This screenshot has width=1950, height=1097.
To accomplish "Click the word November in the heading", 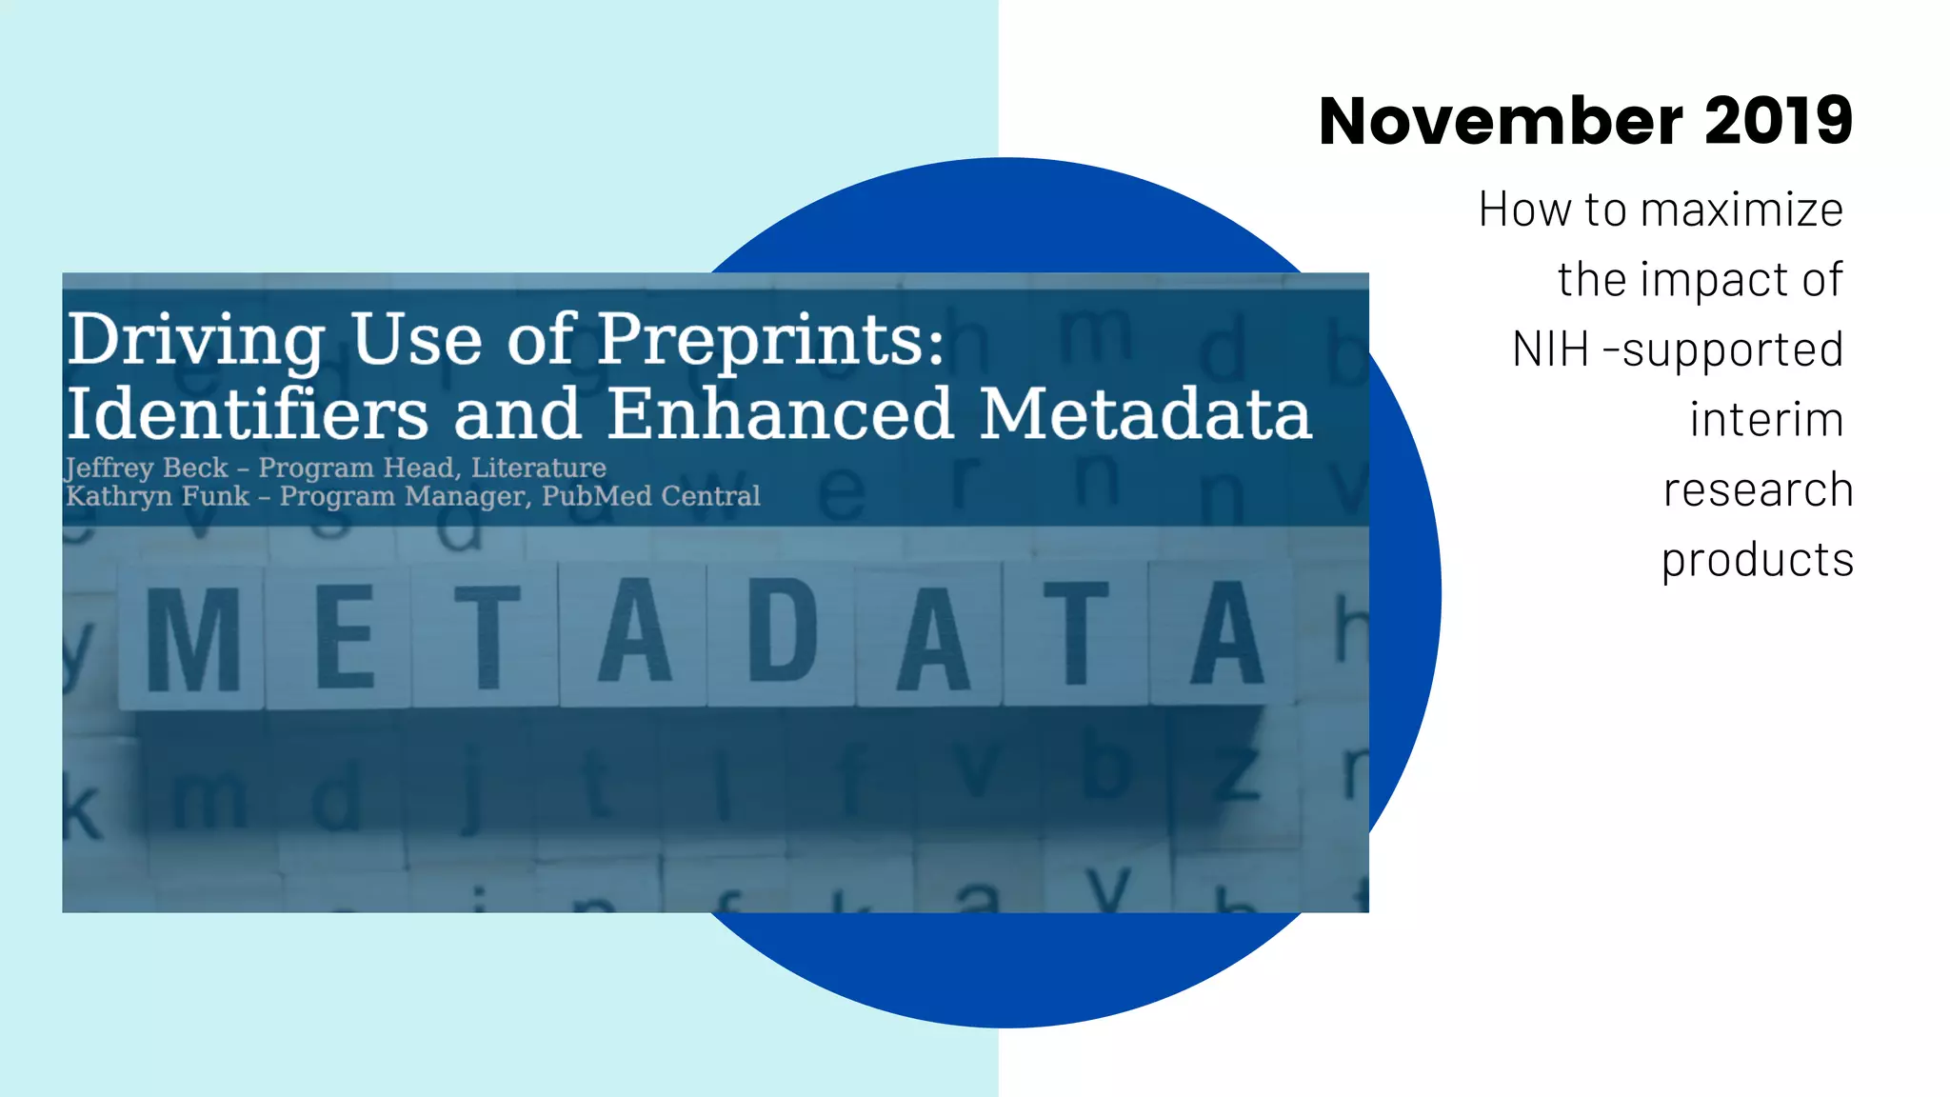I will (1501, 122).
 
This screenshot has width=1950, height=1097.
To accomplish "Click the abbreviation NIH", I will (1550, 349).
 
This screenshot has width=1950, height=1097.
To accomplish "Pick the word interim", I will (1767, 420).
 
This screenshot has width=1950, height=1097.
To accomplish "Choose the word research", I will (1758, 490).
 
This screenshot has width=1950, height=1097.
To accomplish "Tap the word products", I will (1758, 561).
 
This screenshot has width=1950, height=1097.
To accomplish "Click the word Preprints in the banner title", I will (771, 341).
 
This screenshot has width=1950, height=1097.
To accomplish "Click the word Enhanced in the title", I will (780, 414).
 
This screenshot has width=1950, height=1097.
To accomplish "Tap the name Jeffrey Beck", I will (147, 468).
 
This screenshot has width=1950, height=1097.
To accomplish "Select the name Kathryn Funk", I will (157, 496).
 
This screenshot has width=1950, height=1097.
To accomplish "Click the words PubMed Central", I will (651, 496).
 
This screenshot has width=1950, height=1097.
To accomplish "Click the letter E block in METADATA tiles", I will (343, 636).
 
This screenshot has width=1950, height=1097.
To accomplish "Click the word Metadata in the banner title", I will (1146, 414).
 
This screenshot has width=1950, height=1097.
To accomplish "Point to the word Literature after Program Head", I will (539, 468).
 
